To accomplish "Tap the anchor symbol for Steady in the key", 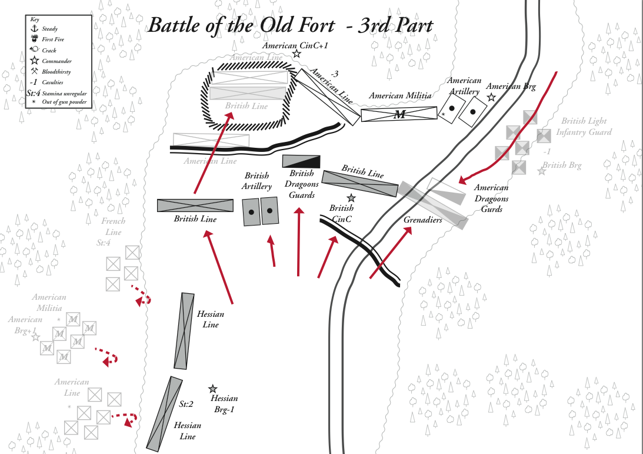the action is tap(34, 28).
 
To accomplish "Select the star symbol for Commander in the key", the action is tap(34, 60).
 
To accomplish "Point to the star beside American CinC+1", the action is tap(296, 54).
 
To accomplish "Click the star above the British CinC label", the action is tap(351, 198).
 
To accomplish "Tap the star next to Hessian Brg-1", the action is tap(212, 389).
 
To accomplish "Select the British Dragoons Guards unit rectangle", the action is tap(301, 161).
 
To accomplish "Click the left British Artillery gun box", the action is tap(252, 212).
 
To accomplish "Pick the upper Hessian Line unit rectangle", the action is tap(185, 331).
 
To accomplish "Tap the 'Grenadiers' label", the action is tap(422, 220).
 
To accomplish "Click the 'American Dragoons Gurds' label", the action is tap(492, 198).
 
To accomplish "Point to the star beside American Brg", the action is tap(491, 98).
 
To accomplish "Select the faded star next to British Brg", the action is tap(541, 171).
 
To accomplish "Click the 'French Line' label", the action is tap(113, 227).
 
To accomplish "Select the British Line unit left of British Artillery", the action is tap(195, 206).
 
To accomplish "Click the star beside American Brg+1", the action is tap(35, 337).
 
